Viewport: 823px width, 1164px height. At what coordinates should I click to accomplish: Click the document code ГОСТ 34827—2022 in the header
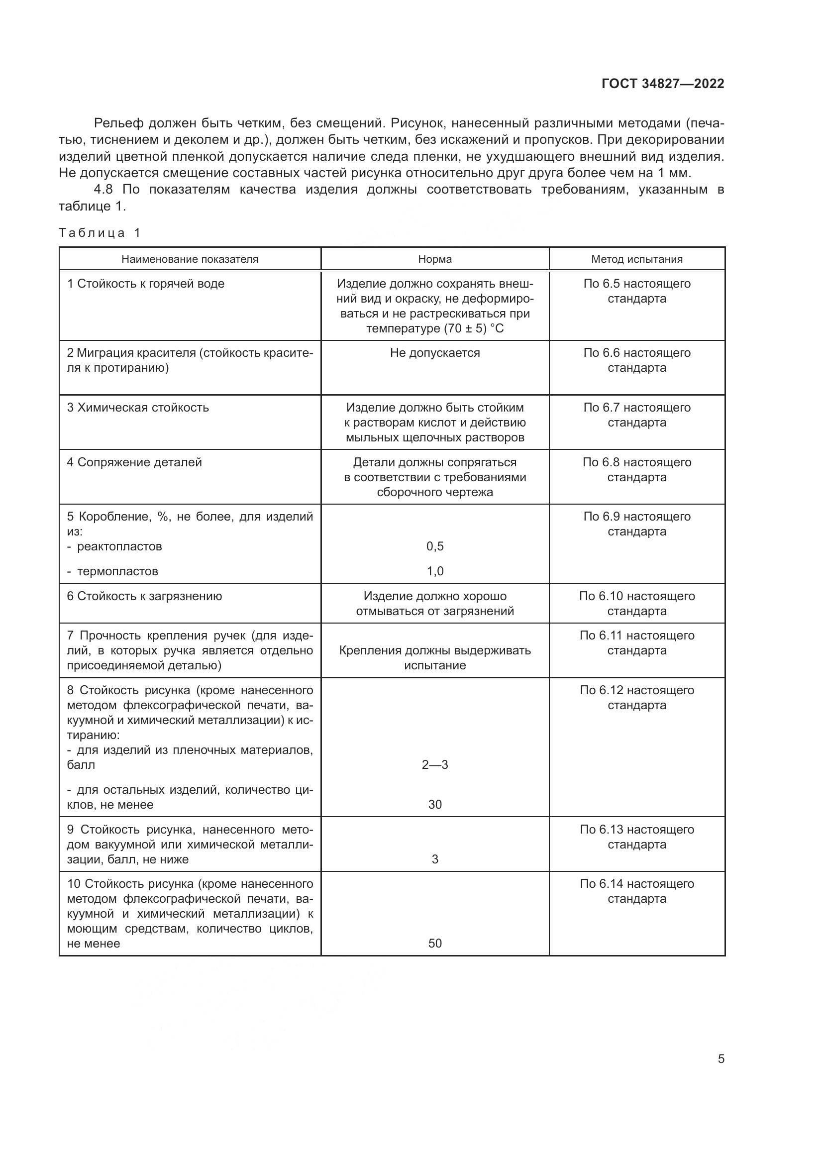pos(662,84)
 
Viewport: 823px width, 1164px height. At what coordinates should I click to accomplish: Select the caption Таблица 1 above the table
pos(100,233)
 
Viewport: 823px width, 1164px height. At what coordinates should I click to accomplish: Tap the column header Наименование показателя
pos(190,259)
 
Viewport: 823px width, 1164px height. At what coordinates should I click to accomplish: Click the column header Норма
pos(434,259)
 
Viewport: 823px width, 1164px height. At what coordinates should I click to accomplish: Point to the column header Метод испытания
pos(636,259)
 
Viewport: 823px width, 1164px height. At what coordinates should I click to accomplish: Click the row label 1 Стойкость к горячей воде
pos(145,283)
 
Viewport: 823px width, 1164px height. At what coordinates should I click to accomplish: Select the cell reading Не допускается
pos(434,353)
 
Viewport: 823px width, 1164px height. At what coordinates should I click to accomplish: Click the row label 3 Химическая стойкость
pos(138,408)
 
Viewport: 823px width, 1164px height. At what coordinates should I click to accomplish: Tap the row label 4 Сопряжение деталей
pos(134,462)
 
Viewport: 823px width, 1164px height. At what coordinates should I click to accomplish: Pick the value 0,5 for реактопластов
pos(434,546)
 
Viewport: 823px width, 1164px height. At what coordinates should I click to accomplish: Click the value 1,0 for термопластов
pos(434,571)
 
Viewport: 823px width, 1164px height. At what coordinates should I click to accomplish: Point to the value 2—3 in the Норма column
pos(434,765)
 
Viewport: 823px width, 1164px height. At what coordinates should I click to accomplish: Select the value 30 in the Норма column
pos(434,805)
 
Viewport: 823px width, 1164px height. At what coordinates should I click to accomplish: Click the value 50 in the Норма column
pos(434,944)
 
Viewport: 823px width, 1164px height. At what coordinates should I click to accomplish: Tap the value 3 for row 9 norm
pos(434,859)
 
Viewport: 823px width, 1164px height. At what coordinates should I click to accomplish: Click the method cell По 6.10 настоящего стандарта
pos(636,603)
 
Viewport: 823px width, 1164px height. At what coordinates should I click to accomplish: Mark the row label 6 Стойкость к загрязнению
pos(144,596)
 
